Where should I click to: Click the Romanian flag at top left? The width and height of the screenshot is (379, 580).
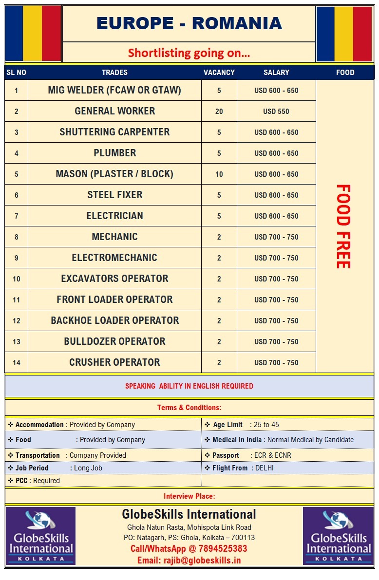[x=33, y=33]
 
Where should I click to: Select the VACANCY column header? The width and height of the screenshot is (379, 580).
[x=219, y=72]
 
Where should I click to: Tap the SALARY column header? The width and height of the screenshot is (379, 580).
[x=276, y=72]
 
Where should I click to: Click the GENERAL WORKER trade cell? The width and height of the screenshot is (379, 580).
[x=114, y=111]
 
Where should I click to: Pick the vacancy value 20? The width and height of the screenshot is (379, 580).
[x=219, y=112]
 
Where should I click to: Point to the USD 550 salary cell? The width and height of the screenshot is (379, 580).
[x=276, y=112]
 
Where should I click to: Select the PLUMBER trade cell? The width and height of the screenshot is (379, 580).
[x=114, y=153]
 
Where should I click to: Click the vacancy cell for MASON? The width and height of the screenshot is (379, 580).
[x=219, y=174]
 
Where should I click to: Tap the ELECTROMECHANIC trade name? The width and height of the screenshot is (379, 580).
[x=114, y=258]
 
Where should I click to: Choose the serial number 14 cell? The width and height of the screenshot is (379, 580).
[x=17, y=363]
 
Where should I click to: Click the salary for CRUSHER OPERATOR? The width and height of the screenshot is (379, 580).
[x=276, y=363]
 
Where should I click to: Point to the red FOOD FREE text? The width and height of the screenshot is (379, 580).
[x=343, y=226]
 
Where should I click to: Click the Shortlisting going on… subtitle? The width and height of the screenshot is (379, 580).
[x=189, y=53]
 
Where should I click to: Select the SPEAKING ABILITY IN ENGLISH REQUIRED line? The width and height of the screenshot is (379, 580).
[x=189, y=386]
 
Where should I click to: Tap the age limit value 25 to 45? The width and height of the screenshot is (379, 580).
[x=266, y=425]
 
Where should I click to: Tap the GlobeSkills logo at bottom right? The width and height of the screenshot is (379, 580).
[x=338, y=536]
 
